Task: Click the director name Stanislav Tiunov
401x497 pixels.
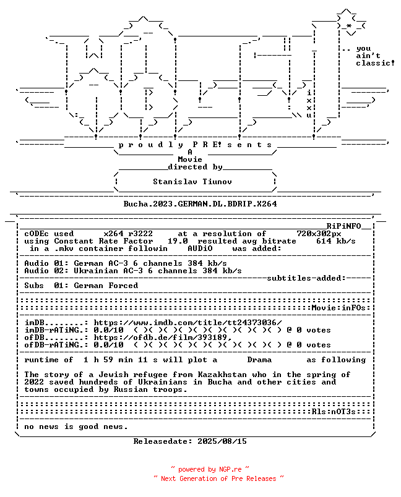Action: click(192, 182)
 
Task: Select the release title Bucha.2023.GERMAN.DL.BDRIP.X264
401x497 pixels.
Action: click(200, 204)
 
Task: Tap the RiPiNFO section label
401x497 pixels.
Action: click(344, 226)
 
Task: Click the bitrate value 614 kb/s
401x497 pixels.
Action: click(335, 241)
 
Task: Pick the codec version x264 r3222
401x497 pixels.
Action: click(128, 234)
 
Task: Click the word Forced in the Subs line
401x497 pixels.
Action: click(123, 286)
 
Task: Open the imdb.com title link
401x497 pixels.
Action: click(188, 323)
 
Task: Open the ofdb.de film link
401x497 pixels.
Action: click(163, 338)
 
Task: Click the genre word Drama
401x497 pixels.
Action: click(259, 360)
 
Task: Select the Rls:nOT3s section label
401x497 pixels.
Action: click(334, 412)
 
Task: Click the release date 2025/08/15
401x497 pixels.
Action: click(222, 441)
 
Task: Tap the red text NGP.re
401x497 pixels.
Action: click(230, 469)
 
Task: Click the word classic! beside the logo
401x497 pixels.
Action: click(375, 63)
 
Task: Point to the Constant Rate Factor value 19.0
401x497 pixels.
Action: click(178, 241)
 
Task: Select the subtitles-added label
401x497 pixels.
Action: click(306, 278)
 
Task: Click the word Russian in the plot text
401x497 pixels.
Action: click(131, 389)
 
